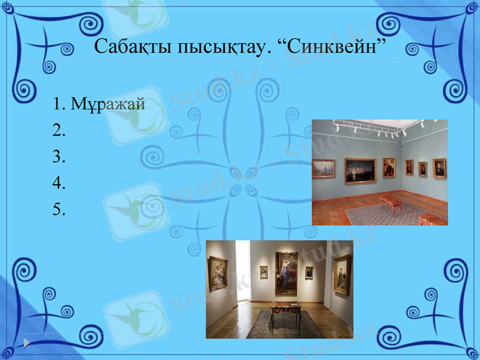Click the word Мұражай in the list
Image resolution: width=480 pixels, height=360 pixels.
pyautogui.click(x=108, y=104)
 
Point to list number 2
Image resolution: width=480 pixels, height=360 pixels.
pyautogui.click(x=58, y=130)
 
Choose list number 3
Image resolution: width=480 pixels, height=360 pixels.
pyautogui.click(x=58, y=157)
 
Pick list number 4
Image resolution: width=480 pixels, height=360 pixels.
pyautogui.click(x=58, y=183)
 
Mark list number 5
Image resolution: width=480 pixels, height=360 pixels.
pyautogui.click(x=58, y=209)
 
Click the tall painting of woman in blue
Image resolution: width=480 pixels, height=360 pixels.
pyautogui.click(x=286, y=273)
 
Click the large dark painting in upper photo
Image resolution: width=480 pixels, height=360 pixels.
pyautogui.click(x=360, y=170)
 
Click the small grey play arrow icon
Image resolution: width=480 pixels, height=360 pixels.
pyautogui.click(x=27, y=343)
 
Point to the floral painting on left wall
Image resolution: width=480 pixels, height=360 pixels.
pyautogui.click(x=217, y=274)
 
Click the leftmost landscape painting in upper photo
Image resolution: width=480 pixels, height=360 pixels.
pyautogui.click(x=323, y=169)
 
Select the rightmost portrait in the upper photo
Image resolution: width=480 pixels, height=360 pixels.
pyautogui.click(x=440, y=169)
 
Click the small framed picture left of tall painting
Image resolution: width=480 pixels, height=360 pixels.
pyautogui.click(x=263, y=271)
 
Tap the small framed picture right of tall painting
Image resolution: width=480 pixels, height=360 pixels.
pyautogui.click(x=309, y=272)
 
